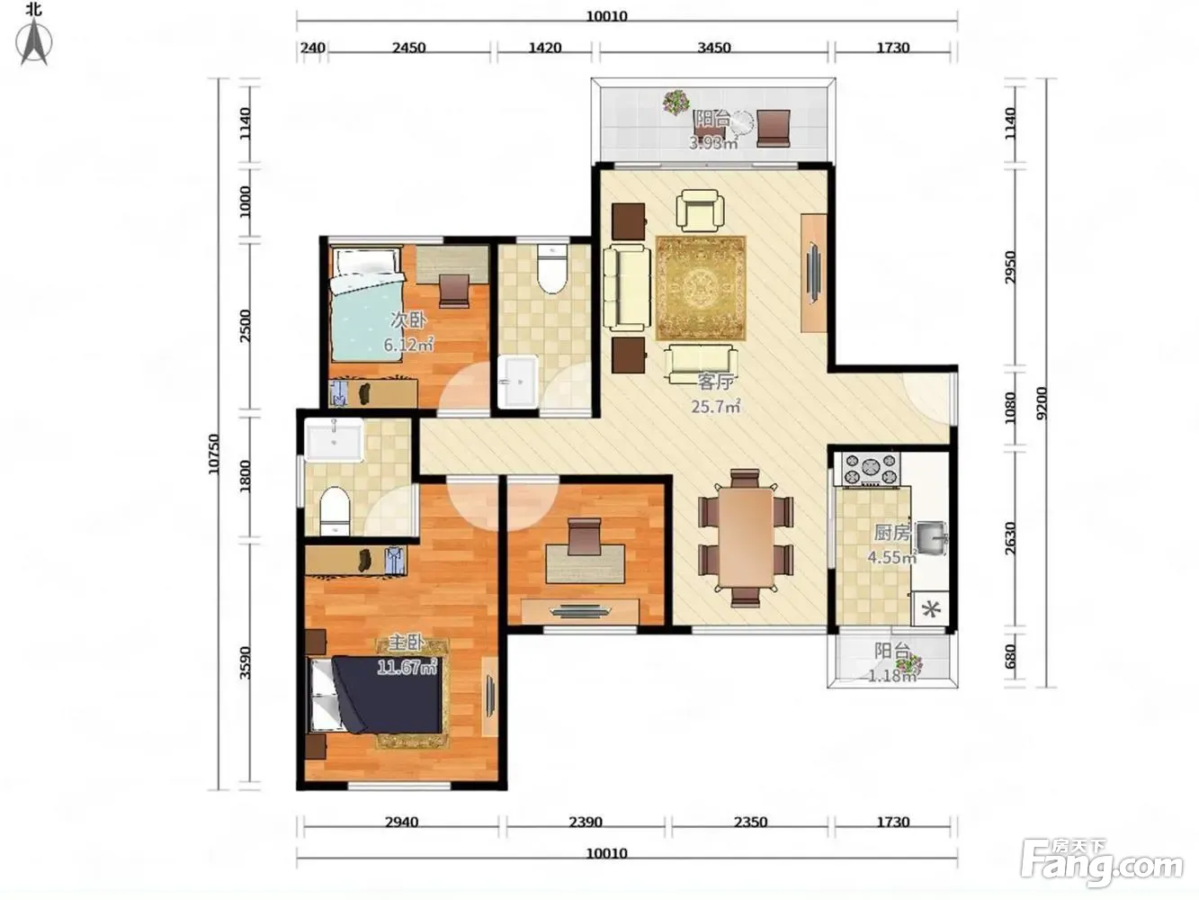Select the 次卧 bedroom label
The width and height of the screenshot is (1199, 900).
coord(407,320)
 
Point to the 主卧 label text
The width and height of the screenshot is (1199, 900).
coord(407,643)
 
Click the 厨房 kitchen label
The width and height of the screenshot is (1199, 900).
coord(892,532)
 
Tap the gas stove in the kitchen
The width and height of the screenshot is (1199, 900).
coord(871,470)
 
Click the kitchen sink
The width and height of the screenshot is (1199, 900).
coord(931,537)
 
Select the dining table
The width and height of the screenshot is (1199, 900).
coord(746,537)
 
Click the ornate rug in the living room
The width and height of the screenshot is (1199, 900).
coord(701,288)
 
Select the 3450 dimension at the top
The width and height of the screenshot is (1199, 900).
coord(714,48)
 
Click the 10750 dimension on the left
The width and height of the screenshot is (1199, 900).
coord(213,454)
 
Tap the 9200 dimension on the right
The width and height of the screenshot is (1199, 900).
coord(1041,403)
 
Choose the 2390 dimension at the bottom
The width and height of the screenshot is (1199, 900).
coord(585,822)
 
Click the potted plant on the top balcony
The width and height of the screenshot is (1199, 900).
coord(676,103)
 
